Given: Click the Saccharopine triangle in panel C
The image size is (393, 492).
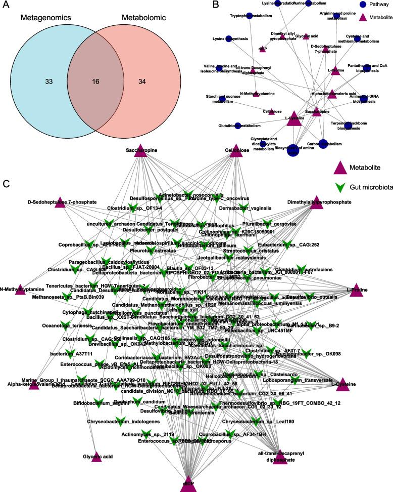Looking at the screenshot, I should (x=140, y=151).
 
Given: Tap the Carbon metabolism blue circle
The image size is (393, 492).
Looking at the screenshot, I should (x=324, y=145).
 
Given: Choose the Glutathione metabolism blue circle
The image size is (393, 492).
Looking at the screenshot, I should (x=237, y=126).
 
